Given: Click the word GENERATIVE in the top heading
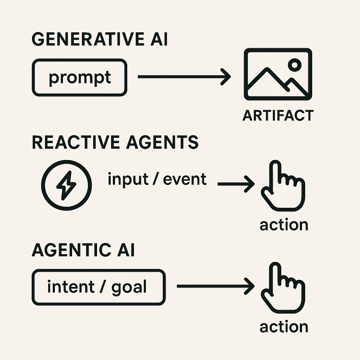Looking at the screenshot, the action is tap(88, 39).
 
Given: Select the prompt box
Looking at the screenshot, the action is tap(79, 77).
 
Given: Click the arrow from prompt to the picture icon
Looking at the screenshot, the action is tap(184, 77).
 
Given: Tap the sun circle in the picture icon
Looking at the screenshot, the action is tap(295, 65).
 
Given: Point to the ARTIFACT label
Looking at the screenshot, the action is tap(278, 115).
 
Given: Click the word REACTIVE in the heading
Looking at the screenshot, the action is tap(76, 142).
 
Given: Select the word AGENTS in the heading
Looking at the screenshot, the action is tap(162, 142).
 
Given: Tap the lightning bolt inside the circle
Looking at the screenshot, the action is tap(66, 185).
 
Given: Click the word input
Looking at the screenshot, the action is tap(128, 179).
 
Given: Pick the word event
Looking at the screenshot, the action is tap(185, 179).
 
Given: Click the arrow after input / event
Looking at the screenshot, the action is tap(236, 184).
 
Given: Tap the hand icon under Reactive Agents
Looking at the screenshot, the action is tap(283, 186).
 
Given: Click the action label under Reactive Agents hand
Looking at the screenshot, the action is tap(284, 225).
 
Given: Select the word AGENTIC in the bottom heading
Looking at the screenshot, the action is tap(71, 250).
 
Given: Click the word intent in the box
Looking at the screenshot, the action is tap(71, 287).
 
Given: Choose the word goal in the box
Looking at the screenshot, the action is tap(129, 288).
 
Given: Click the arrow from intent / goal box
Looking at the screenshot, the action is tap(216, 286).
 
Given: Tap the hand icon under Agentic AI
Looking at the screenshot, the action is tap(283, 288).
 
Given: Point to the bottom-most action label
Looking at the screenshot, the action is tap(284, 327).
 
